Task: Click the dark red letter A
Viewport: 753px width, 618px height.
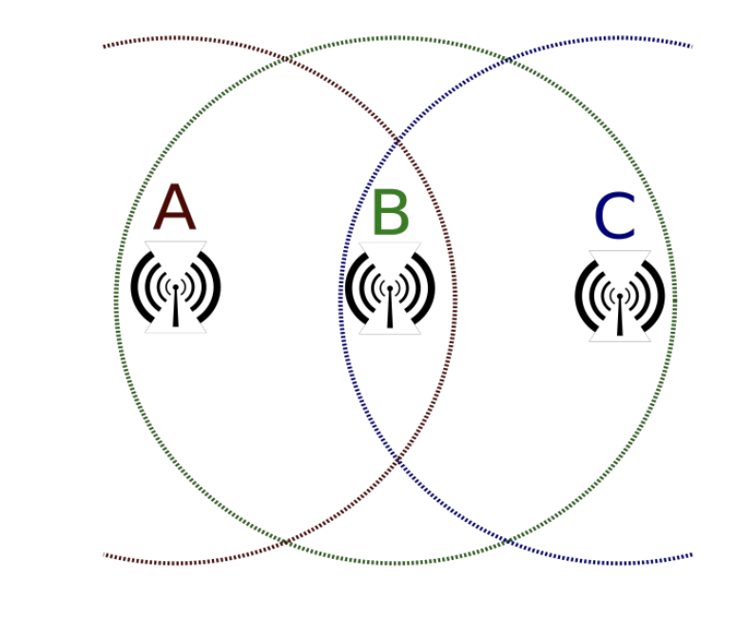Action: coord(175,208)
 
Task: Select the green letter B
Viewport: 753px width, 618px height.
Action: coord(390,214)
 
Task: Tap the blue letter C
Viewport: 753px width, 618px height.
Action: coord(614,218)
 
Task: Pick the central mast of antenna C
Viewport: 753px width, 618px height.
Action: coord(620,315)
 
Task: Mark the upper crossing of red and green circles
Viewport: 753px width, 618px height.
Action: coord(286,60)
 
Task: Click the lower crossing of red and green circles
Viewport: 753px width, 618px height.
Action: coord(286,542)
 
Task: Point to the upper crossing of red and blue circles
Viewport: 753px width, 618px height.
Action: coord(397,143)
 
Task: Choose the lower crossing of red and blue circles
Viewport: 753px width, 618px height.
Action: coord(397,459)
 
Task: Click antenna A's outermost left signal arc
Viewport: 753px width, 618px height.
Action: coord(136,286)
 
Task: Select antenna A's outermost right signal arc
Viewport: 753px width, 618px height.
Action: coord(216,286)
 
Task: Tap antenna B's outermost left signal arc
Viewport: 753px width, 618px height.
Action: coord(349,287)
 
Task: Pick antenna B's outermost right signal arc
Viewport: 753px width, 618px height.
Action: coord(430,287)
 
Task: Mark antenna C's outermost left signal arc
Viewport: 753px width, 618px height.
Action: coord(580,295)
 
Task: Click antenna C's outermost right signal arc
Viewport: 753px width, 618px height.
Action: coord(660,295)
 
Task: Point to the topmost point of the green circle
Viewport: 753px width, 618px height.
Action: coord(396,38)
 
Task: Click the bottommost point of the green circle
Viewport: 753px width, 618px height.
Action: coord(396,564)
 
